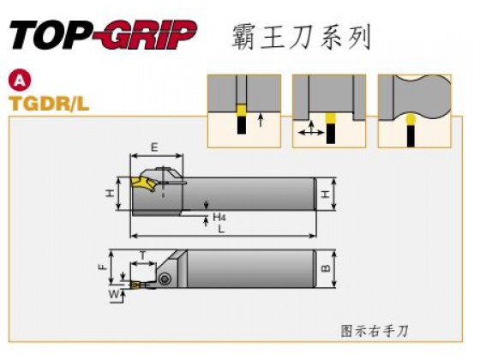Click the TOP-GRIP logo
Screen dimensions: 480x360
click(104, 34)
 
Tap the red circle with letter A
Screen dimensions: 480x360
click(20, 81)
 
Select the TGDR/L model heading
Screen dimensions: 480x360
click(49, 104)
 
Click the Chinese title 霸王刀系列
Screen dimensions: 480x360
click(301, 38)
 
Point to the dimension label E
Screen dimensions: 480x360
click(154, 147)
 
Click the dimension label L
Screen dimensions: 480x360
click(221, 229)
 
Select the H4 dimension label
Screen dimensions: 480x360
click(219, 218)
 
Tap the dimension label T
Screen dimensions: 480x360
click(142, 255)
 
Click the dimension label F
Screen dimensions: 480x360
click(103, 267)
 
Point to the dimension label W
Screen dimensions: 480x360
click(114, 295)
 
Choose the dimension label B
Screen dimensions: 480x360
click(327, 268)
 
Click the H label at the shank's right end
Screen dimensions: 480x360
click(327, 194)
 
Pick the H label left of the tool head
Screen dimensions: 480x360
click(110, 193)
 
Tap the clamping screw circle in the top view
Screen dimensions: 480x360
click(165, 279)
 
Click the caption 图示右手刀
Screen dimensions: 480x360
click(375, 331)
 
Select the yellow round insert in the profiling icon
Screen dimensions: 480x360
click(411, 119)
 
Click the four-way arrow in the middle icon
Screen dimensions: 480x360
click(311, 129)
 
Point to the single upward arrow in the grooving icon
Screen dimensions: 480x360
click(261, 120)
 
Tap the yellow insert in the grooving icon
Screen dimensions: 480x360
click(241, 110)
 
